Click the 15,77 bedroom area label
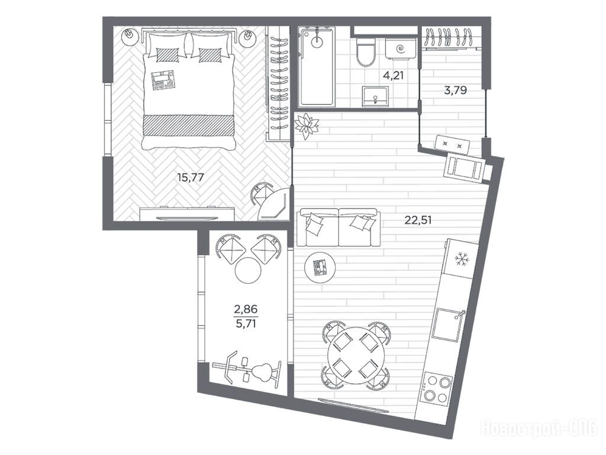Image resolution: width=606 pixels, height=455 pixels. pos(190,178)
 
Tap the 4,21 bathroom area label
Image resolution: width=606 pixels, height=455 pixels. pos(393,75)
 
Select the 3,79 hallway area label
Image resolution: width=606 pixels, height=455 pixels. pos(456,91)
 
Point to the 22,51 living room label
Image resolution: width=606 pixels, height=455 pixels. pos(418,220)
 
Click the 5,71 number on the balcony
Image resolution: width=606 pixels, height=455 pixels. pos(246,323)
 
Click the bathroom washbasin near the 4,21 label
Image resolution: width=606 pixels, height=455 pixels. pos(375,95)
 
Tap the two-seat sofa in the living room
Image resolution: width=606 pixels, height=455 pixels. pos(338,227)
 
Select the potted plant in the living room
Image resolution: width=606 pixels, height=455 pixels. pos(307,126)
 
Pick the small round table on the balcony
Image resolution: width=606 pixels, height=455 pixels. pos(248,270)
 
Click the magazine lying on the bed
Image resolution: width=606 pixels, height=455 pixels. pos(164,80)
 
